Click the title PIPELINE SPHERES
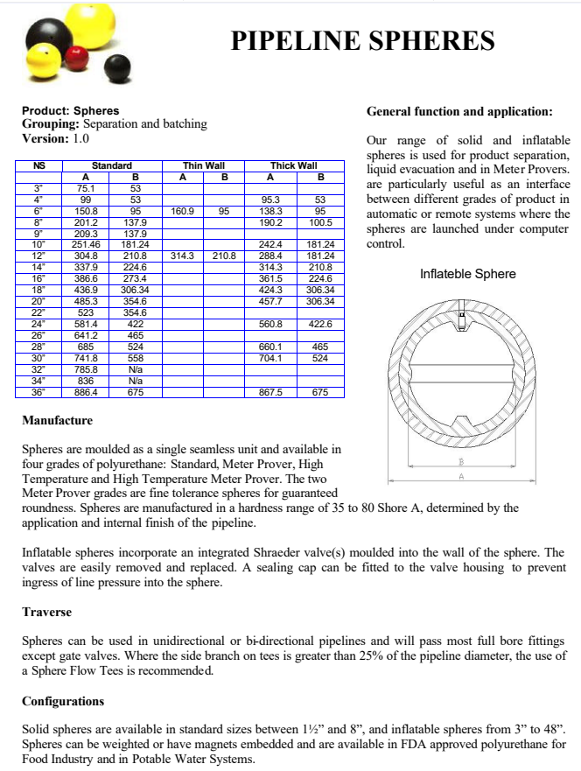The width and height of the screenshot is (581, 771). pos(362,40)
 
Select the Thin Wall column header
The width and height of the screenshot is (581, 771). pos(204,165)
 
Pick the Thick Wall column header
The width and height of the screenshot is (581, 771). pos(294,165)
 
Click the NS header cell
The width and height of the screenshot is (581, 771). pos(38,165)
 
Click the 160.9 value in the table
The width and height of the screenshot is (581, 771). pos(182,211)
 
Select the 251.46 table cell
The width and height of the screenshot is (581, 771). pos(86,244)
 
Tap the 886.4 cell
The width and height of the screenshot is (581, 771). pos(86,393)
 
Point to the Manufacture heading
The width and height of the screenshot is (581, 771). pos(57,421)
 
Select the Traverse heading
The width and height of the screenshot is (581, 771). pos(46,612)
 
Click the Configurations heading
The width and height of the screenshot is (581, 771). pos(63,702)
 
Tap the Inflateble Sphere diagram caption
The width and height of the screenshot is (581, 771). pos(468,274)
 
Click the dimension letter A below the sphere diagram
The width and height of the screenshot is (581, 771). pos(461,477)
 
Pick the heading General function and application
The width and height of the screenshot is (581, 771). pos(459,112)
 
